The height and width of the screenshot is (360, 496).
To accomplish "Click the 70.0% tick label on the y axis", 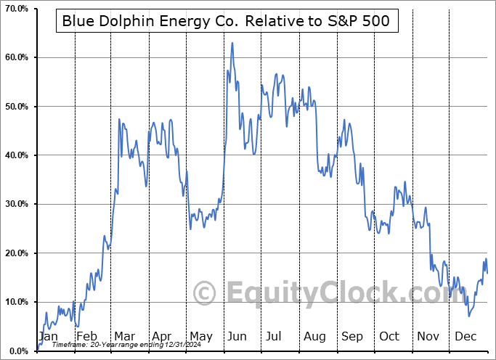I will coord(15,9).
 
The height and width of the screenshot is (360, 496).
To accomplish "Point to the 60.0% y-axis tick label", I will coord(15,57).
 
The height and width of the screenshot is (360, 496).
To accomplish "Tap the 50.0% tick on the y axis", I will coord(15,107).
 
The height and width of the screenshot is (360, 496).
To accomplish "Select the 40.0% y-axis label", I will coord(15,155).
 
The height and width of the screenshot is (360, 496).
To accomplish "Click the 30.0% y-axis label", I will coord(15,204).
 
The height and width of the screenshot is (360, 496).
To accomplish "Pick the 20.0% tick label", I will coord(15,253).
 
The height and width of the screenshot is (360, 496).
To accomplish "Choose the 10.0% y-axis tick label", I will coord(15,302).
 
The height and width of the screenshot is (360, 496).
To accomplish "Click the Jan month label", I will coord(48,337).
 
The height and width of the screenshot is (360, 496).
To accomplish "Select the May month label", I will coord(200,337).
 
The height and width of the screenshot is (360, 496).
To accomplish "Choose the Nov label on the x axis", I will coord(428,337).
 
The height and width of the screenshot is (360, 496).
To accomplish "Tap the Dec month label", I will coord(465,337).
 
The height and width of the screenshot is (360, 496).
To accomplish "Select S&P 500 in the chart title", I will coord(360,22).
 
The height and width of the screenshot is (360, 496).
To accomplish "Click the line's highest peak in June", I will coord(232,43).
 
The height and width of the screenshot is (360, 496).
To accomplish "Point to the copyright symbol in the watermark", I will coord(204,293).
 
